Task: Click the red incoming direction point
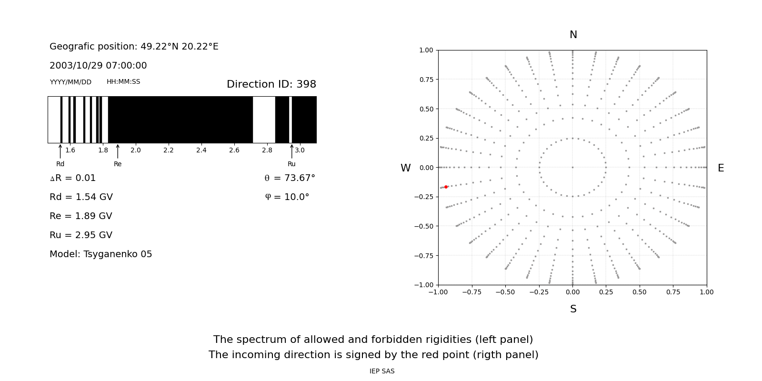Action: tap(446, 187)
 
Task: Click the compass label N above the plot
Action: tap(573, 35)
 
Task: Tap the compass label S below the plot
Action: tap(573, 309)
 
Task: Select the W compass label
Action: tap(405, 168)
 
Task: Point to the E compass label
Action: tap(721, 168)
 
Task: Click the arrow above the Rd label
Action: tap(60, 151)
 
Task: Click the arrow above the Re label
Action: tap(118, 151)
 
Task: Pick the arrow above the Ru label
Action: tap(291, 151)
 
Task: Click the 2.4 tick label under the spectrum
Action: tap(201, 150)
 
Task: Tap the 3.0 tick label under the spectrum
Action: tap(300, 150)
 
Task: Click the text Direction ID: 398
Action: tap(271, 84)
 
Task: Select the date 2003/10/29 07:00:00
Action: tap(98, 66)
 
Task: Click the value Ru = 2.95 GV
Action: tap(81, 235)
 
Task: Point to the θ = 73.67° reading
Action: tap(290, 178)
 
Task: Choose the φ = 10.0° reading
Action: tap(287, 197)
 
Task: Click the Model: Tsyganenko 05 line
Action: tap(101, 254)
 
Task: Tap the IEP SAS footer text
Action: tap(382, 371)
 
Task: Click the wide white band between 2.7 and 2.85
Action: tap(264, 120)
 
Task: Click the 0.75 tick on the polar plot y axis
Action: tap(426, 80)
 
